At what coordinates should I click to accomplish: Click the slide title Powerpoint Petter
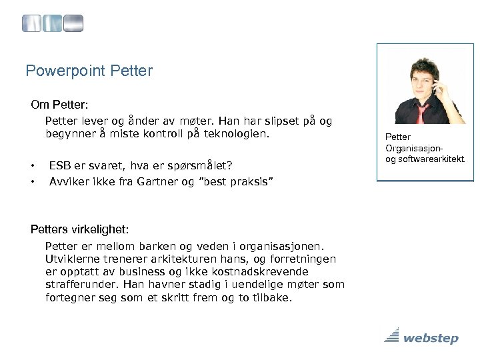88,70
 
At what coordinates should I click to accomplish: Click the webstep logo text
431,339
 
